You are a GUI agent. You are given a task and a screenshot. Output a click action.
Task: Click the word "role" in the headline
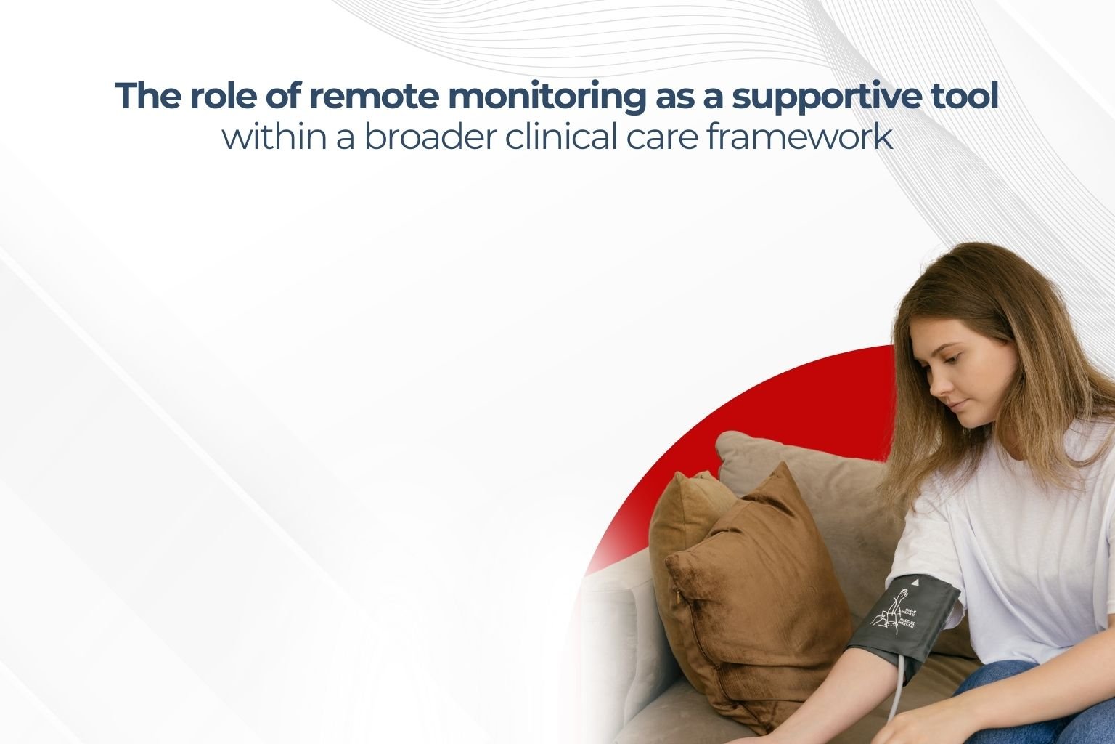point(221,97)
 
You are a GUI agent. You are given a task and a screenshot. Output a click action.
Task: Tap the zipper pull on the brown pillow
point(679,597)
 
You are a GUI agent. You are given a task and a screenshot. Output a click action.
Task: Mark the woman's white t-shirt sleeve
point(936,538)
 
